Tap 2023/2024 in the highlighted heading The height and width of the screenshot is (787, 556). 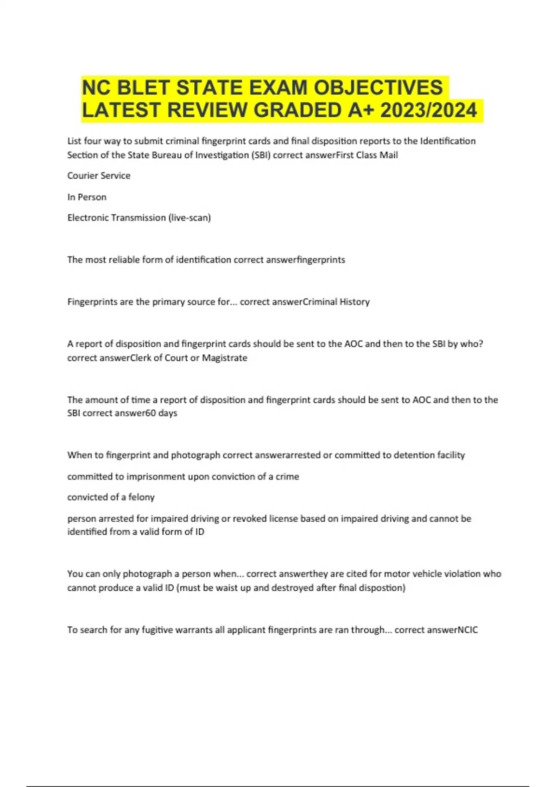click(428, 111)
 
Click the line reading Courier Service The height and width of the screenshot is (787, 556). click(99, 176)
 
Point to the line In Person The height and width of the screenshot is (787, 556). click(87, 197)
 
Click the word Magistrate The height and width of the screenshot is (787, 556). click(225, 358)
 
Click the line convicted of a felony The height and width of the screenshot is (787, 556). click(111, 497)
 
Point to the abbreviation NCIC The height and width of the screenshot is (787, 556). click(467, 630)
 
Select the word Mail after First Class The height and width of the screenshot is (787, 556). click(389, 155)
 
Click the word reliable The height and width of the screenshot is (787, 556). click(124, 260)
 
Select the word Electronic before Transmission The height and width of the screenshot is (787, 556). click(90, 218)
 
